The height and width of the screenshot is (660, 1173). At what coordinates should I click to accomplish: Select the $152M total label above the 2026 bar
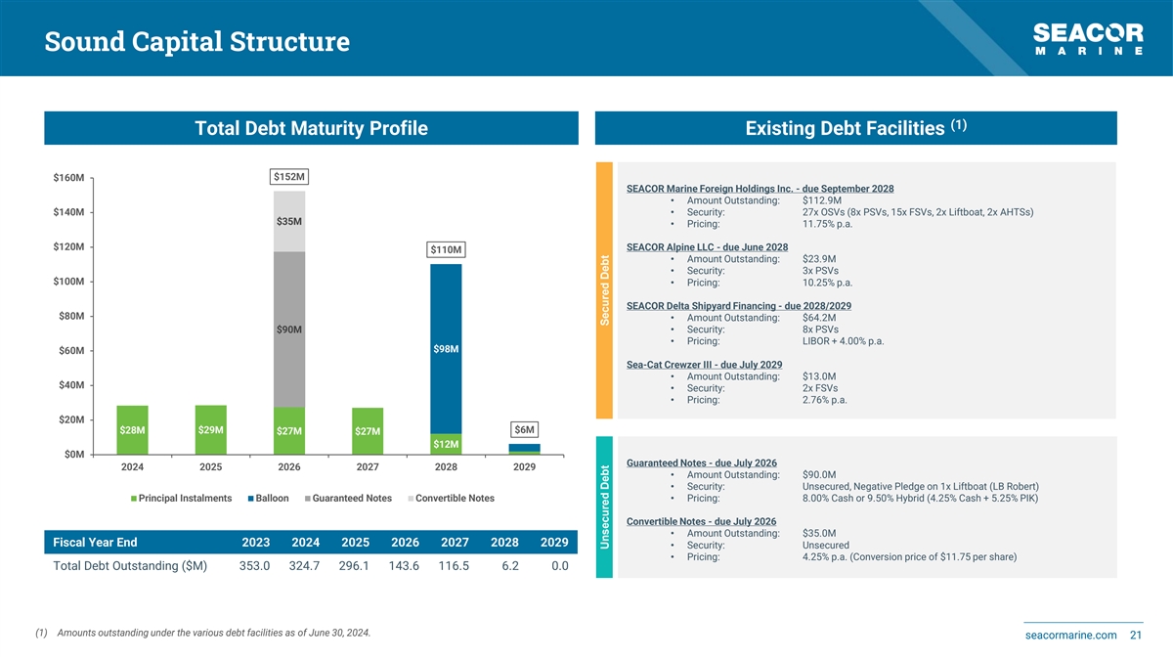pos(288,177)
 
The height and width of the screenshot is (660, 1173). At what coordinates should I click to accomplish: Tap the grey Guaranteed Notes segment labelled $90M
pos(288,329)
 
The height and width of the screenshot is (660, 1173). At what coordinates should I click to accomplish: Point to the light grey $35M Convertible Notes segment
pos(288,221)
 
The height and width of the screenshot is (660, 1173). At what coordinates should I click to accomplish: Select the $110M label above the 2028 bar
pos(446,250)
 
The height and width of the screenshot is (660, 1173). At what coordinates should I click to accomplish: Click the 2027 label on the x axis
pos(368,466)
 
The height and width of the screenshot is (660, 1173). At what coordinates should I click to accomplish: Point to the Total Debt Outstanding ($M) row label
pos(131,566)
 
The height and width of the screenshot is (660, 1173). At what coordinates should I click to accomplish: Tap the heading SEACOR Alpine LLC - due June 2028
pos(707,246)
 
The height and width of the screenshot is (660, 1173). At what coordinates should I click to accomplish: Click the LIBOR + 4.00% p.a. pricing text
pos(843,341)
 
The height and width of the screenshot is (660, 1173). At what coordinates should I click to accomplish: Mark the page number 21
pos(1136,637)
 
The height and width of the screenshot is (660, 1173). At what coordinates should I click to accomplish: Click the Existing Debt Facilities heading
pos(855,128)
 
